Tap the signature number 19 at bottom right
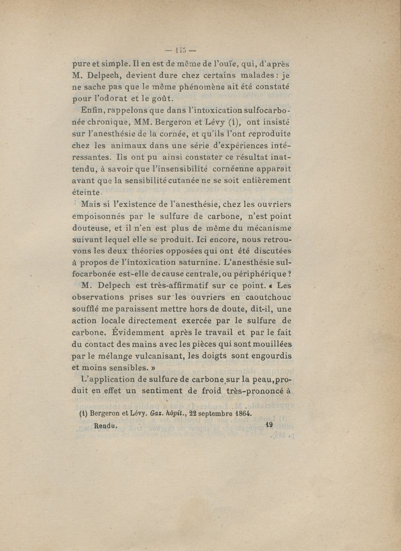269,425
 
